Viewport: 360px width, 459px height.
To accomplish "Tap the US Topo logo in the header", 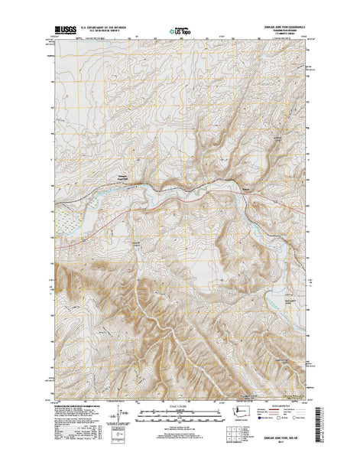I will tap(180, 33).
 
